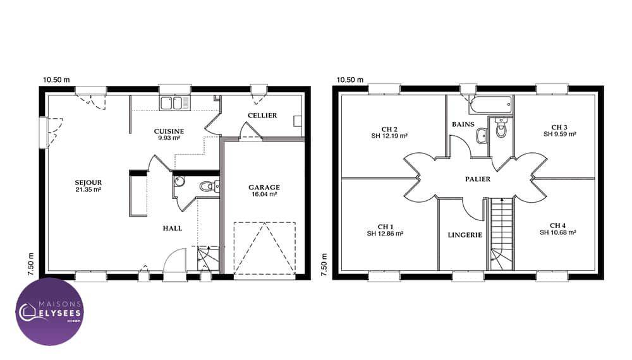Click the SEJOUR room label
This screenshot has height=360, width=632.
[x=88, y=183]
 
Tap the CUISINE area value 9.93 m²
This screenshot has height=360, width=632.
[x=169, y=138]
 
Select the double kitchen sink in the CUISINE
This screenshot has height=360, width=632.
[x=175, y=103]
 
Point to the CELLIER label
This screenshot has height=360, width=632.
[x=262, y=116]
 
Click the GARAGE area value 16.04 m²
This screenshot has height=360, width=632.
[x=264, y=194]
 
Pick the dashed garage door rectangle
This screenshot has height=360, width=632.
[x=264, y=248]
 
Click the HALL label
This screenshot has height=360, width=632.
[x=173, y=229]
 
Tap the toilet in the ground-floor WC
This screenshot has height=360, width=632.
[x=209, y=186]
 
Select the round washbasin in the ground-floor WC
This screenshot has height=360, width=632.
[x=179, y=181]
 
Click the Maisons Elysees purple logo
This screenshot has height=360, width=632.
[x=49, y=311]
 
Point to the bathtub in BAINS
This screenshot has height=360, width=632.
[x=490, y=105]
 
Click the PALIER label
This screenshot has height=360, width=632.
[x=478, y=179]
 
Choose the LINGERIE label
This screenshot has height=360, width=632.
[x=465, y=235]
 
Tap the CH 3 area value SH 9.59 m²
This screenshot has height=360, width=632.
[x=559, y=134]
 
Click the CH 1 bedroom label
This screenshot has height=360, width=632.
[x=386, y=227]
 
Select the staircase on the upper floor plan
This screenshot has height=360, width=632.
[x=502, y=234]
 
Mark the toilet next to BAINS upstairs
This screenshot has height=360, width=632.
[x=501, y=127]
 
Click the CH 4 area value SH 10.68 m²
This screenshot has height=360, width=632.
[x=558, y=232]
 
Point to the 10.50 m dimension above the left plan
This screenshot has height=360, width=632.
[x=56, y=80]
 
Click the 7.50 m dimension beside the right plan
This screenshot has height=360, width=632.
[x=324, y=265]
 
